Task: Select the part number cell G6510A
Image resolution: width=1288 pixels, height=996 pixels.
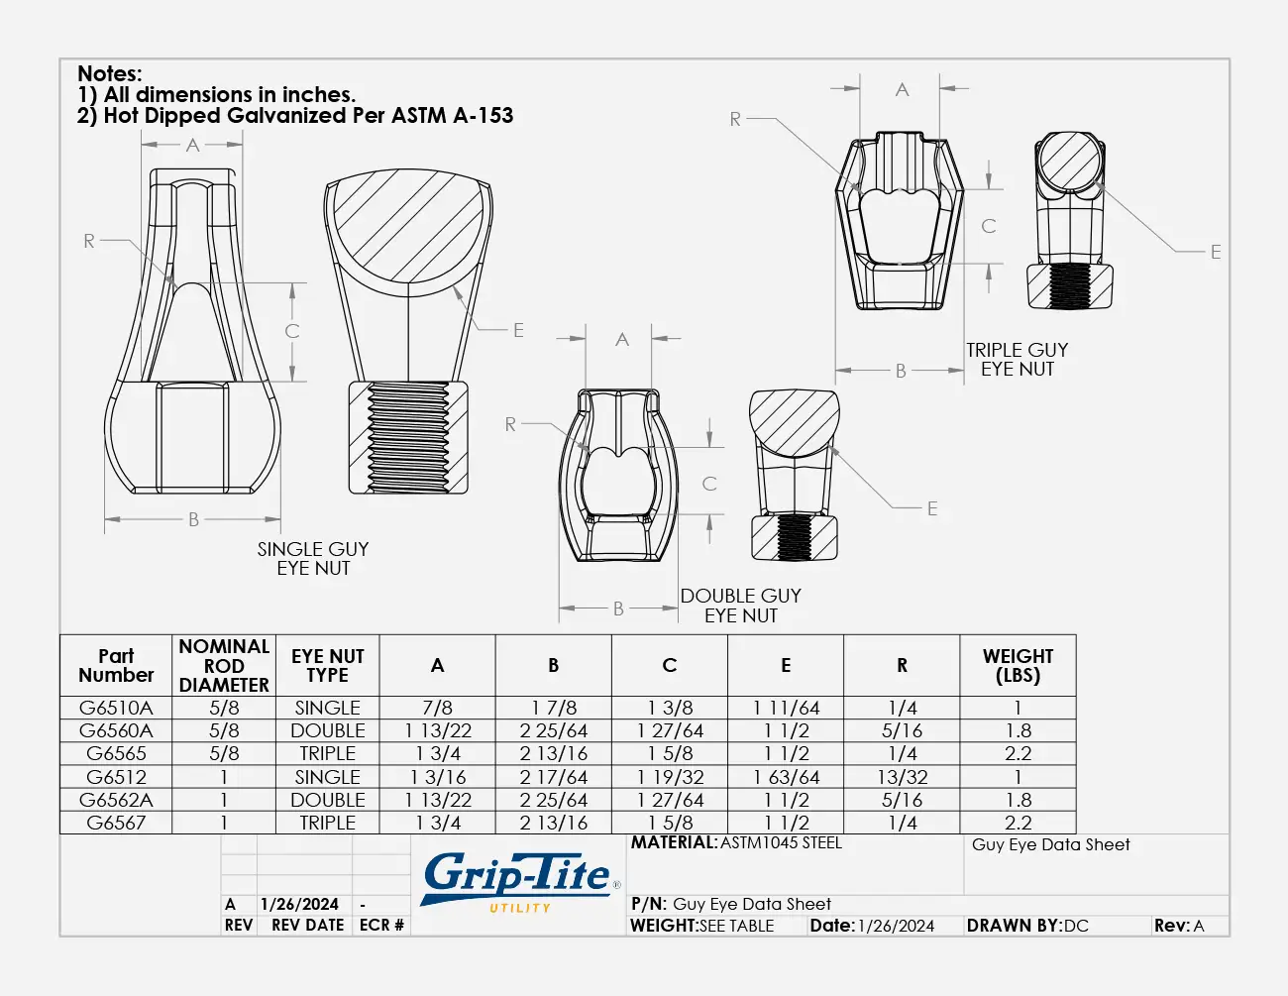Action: tap(116, 708)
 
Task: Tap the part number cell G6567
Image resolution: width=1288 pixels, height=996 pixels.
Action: tap(116, 823)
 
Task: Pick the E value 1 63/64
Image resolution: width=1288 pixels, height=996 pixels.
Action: tap(786, 777)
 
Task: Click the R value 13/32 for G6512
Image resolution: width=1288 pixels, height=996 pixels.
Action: tap(903, 777)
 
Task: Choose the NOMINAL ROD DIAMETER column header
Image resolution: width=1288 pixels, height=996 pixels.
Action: tap(224, 665)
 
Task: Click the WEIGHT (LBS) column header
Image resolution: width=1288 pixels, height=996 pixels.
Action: tap(1018, 665)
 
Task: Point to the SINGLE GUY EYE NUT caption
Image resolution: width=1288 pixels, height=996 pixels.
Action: tap(313, 559)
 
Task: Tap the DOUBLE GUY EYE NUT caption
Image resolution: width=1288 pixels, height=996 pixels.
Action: tap(741, 606)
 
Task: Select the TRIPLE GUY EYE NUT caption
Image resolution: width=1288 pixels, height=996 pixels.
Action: tap(1018, 360)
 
